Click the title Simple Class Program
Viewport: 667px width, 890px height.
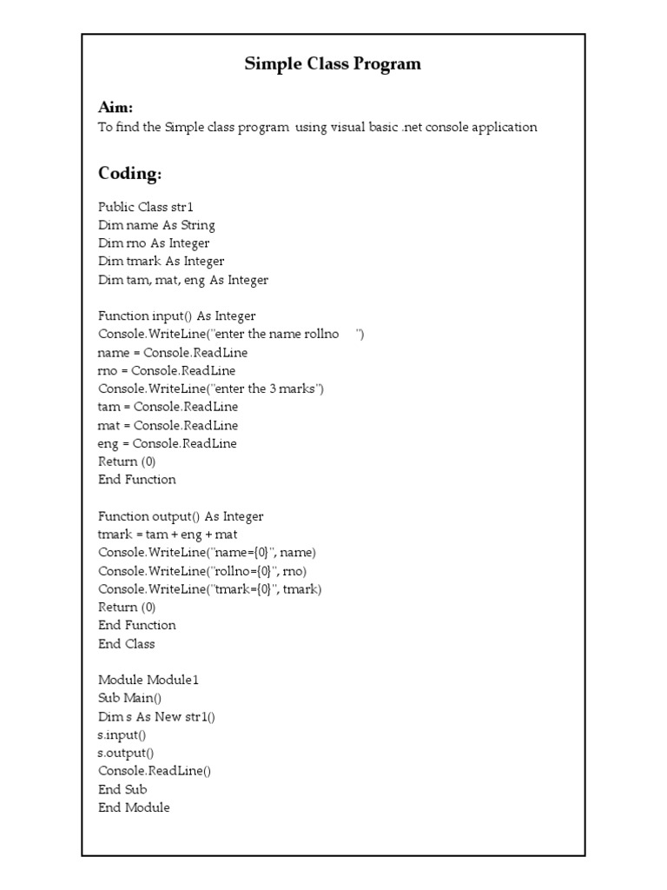coord(333,63)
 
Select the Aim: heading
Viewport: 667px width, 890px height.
coord(116,108)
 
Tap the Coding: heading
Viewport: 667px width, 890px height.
coord(129,174)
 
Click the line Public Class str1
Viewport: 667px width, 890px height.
coord(145,207)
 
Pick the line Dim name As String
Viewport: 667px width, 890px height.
coord(156,225)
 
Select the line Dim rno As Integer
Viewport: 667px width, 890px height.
coord(153,243)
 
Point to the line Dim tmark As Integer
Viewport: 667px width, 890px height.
coord(161,262)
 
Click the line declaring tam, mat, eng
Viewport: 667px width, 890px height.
coord(183,280)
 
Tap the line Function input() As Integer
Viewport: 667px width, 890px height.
coord(176,316)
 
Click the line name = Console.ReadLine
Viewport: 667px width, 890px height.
coord(173,353)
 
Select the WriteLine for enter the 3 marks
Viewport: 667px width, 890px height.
coord(211,389)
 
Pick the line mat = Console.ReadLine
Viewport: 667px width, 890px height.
coord(168,425)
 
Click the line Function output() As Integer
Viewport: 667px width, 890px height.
coord(181,516)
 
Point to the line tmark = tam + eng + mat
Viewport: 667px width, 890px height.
coord(168,535)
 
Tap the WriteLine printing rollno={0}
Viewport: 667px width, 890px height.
coord(202,571)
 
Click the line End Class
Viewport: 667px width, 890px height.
coord(126,644)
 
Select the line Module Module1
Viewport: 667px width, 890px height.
coord(149,680)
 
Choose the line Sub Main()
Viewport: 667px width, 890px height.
coord(129,698)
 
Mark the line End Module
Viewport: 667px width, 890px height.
coord(134,807)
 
